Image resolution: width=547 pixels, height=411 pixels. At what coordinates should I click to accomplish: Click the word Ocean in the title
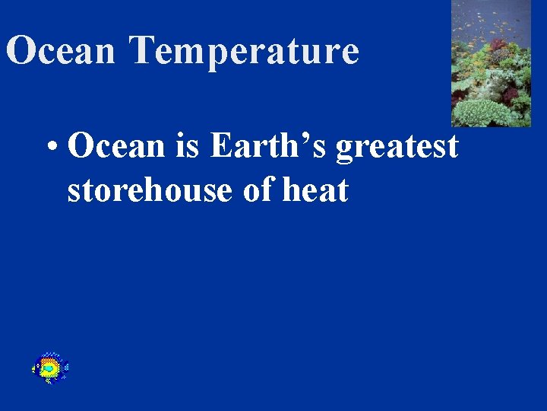point(60,52)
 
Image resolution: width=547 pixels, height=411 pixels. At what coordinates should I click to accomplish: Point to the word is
point(188,145)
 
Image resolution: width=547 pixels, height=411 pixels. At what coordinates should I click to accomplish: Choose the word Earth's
point(268,145)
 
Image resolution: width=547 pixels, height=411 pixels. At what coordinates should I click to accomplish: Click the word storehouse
point(150,190)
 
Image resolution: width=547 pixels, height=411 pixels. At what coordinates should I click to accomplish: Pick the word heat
point(315,190)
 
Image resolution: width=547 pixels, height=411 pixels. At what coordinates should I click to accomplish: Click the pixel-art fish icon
point(50,368)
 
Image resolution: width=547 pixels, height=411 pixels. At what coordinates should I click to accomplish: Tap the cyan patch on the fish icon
point(49,369)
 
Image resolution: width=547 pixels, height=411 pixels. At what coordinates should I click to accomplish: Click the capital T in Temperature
point(144,52)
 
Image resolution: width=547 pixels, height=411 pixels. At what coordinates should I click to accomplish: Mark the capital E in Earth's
point(221,145)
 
